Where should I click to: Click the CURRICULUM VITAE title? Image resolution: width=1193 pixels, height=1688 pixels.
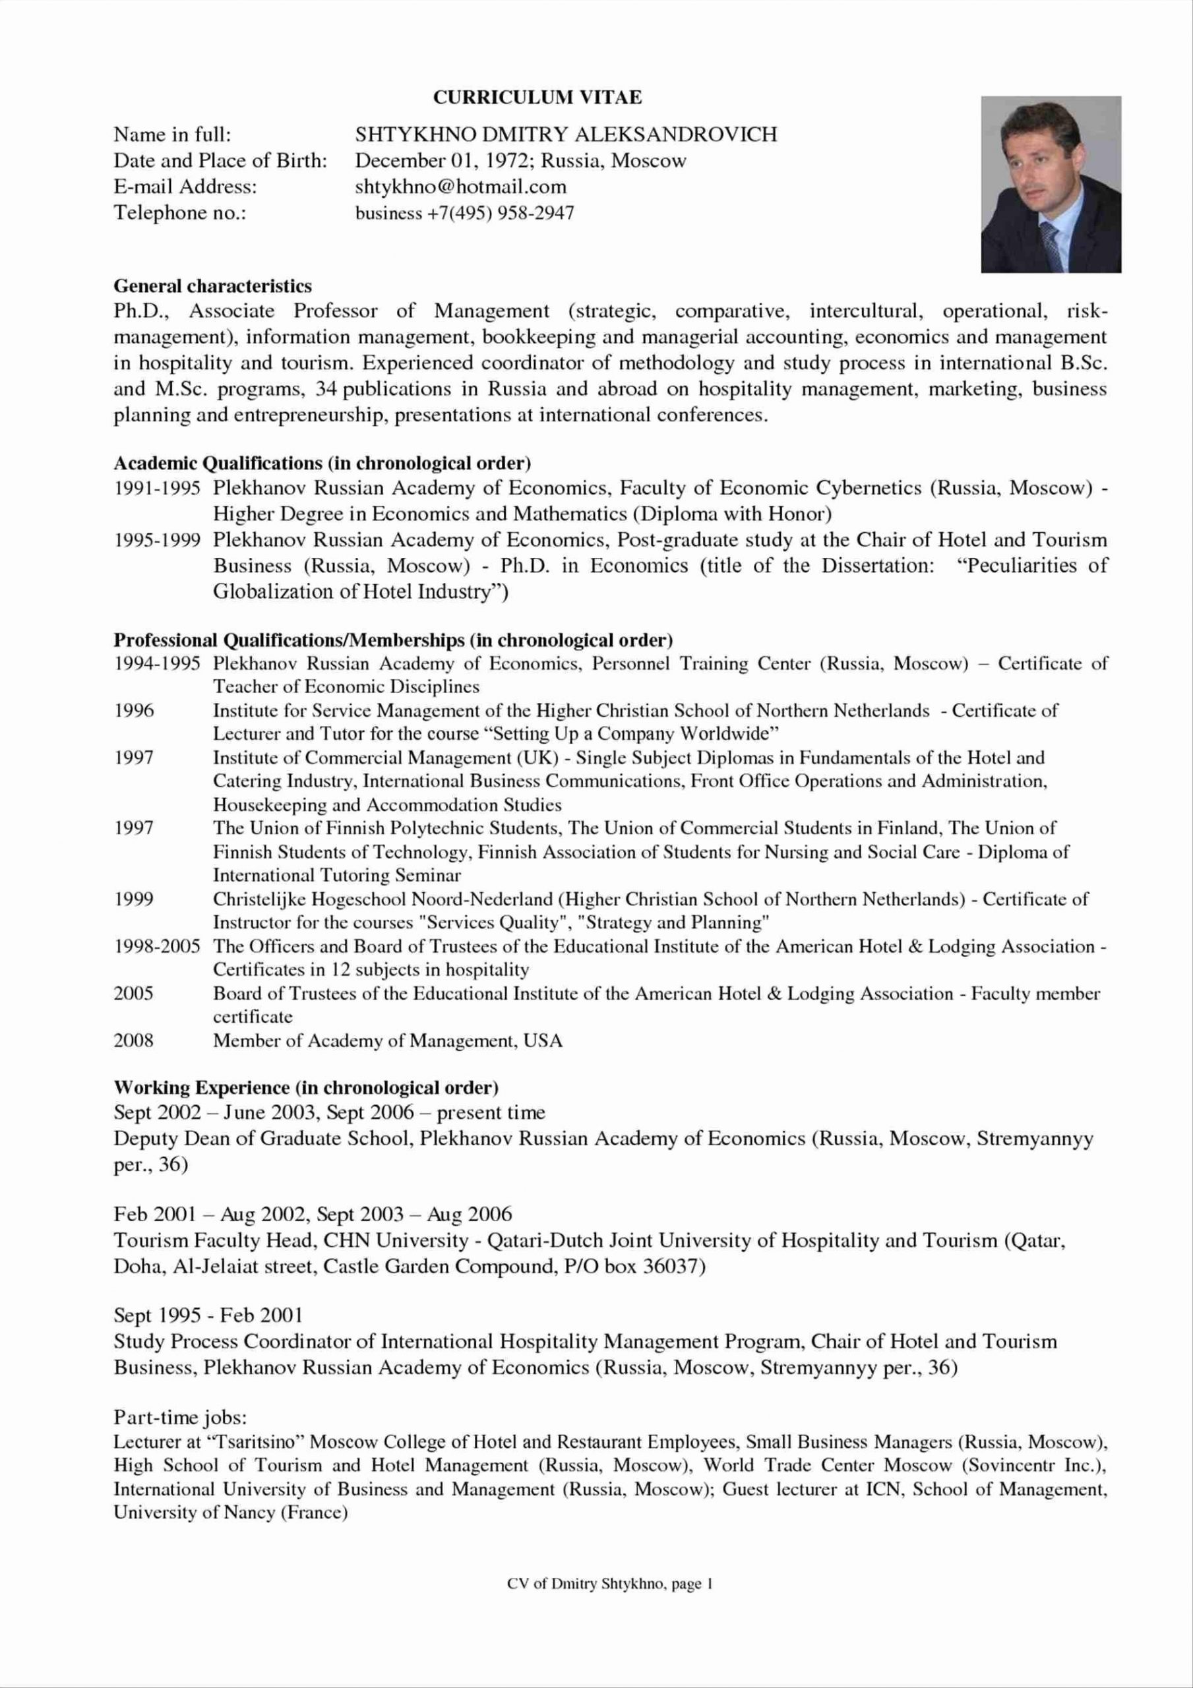(537, 97)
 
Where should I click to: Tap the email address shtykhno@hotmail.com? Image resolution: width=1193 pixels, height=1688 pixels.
(460, 187)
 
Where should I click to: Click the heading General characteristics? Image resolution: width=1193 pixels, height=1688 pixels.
(212, 286)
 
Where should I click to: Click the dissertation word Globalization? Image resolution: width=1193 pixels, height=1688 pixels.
(273, 592)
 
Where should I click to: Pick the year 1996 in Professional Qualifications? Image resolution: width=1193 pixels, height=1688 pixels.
(133, 711)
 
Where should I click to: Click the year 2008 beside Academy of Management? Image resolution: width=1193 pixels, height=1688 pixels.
(133, 1040)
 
